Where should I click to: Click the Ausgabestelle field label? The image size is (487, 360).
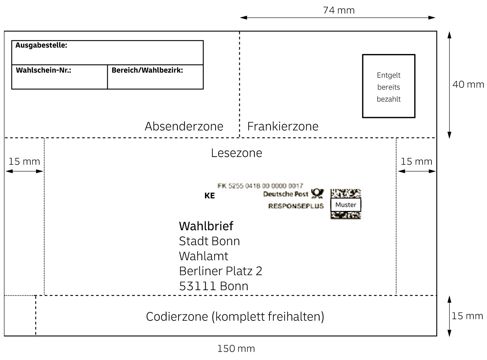coord(41,45)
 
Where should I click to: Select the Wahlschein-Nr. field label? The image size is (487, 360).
coord(43,70)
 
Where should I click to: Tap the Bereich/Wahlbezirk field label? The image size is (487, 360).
coord(147,70)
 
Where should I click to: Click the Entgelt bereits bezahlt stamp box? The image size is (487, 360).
coord(389,86)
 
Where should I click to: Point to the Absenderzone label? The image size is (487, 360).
coord(184,126)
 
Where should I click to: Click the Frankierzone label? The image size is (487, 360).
coord(283,126)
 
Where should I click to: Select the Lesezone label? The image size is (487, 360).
coord(236,153)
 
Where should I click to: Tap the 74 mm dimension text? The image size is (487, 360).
coord(339,10)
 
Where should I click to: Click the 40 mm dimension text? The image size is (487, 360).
coord(468,85)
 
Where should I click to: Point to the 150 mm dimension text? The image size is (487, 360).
coord(236,348)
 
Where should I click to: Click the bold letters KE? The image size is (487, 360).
coord(209,196)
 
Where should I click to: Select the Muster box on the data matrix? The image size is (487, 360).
coord(346,205)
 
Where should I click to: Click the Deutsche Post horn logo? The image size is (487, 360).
coord(317,194)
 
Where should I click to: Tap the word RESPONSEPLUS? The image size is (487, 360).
coord(296,206)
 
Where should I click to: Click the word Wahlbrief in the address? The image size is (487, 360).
coord(206,226)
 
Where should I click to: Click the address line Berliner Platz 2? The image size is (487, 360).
coord(220,271)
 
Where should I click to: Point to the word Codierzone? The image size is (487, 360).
coord(177,317)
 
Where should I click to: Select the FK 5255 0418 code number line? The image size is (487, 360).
coord(260,186)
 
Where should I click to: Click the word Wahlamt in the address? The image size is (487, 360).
coord(203,256)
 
